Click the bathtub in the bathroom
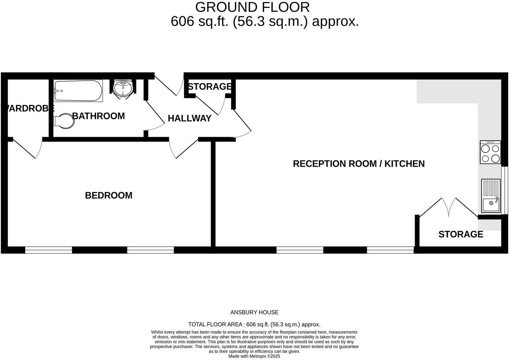(78, 91)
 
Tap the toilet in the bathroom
(64, 121)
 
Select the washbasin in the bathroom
(123, 88)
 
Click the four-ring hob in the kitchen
(490, 152)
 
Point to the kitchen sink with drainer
(491, 196)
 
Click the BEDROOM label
(108, 195)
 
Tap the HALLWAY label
(189, 118)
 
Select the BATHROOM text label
(98, 116)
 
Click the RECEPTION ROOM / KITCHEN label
(359, 164)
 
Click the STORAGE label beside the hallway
(210, 86)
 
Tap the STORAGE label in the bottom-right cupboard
(461, 234)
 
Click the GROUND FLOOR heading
(252, 7)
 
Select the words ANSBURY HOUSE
(254, 312)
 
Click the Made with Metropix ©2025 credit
(254, 356)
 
